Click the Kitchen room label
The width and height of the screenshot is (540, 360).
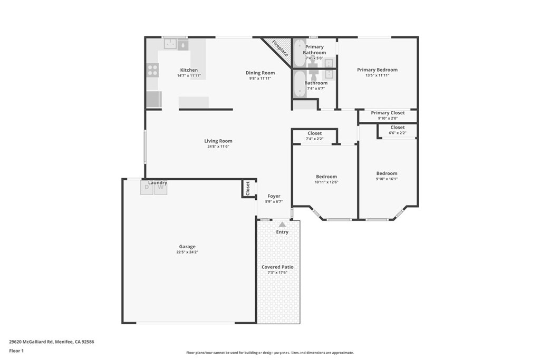189,70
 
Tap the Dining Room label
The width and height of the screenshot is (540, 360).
260,73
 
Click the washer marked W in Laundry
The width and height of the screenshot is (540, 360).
160,189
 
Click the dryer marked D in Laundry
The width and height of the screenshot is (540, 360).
147,189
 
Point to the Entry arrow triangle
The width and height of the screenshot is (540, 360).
282,225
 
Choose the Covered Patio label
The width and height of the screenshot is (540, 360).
277,267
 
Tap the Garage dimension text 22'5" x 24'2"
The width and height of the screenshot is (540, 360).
187,252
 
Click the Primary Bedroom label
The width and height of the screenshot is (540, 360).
377,70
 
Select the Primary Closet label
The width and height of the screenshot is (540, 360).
388,113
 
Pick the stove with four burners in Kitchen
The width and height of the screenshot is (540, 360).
152,70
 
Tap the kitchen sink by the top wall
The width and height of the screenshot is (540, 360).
175,45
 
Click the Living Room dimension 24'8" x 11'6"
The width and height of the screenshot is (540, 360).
218,147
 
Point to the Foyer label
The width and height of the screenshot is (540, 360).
274,196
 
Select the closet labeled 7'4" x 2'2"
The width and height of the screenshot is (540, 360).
314,136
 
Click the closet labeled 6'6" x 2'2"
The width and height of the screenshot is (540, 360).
398,130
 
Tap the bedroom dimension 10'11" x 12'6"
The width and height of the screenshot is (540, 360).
326,182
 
